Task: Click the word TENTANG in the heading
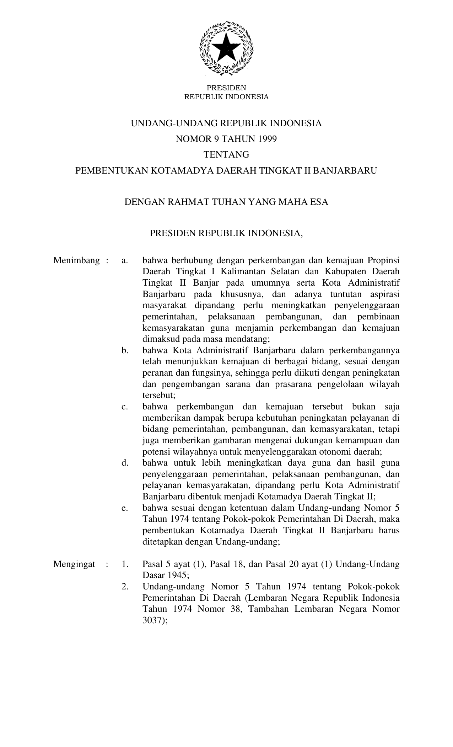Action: click(x=226, y=155)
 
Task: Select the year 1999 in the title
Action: click(x=267, y=139)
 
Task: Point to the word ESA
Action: click(x=319, y=202)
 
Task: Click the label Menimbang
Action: click(x=76, y=260)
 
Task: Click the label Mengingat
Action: click(x=74, y=564)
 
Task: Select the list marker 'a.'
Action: click(x=124, y=260)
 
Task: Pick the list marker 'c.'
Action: click(x=124, y=407)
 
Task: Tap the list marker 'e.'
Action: click(x=124, y=508)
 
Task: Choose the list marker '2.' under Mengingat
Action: click(x=125, y=587)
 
